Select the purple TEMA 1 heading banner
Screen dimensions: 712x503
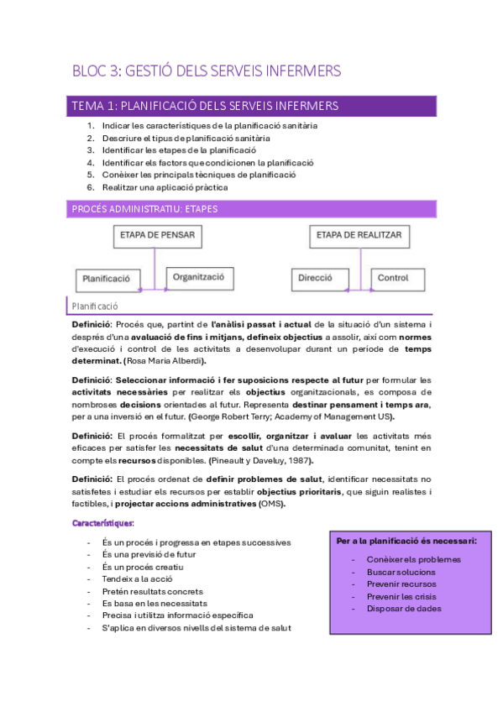point(251,106)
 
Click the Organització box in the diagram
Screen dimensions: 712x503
point(200,277)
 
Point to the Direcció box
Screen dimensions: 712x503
point(315,278)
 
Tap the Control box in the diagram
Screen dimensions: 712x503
point(392,277)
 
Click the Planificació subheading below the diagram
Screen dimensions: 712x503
point(95,307)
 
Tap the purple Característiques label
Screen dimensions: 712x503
point(102,524)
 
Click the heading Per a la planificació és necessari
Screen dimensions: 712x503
point(406,541)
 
